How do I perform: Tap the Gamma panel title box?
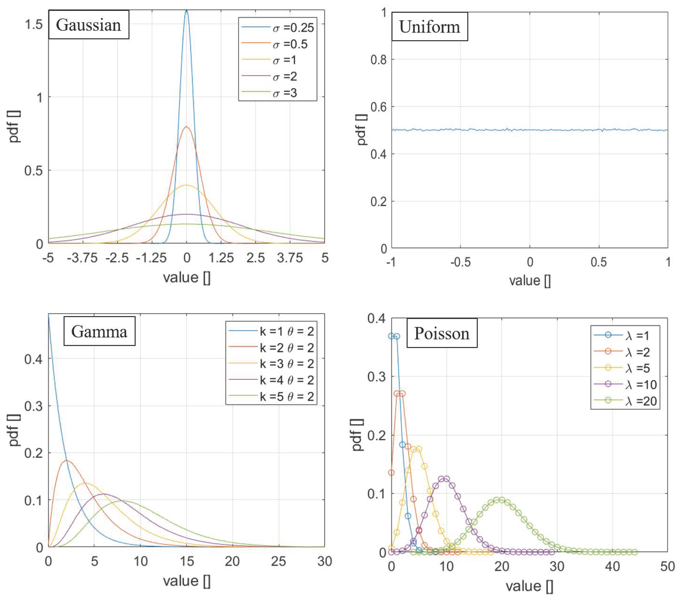[99, 331]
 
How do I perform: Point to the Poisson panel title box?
[442, 333]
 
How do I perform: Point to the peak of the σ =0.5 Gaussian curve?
[186, 127]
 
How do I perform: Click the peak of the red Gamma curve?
[67, 460]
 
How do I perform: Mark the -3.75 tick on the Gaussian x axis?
[82, 258]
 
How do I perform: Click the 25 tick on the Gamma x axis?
[278, 561]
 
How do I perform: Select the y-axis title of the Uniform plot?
[361, 130]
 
